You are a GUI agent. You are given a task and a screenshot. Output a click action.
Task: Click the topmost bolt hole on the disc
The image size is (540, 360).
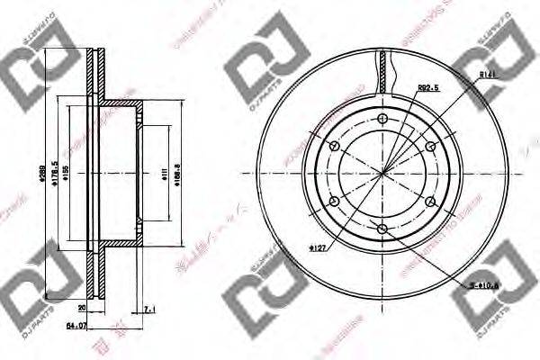pyautogui.click(x=383, y=118)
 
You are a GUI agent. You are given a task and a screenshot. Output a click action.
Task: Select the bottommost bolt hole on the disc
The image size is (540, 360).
pyautogui.click(x=383, y=229)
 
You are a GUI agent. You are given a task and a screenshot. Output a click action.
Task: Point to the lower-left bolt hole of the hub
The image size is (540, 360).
pyautogui.click(x=335, y=202)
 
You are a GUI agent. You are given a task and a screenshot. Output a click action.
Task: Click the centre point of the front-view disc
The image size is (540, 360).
pyautogui.click(x=383, y=174)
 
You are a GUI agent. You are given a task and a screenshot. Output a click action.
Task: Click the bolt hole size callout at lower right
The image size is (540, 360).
pyautogui.click(x=482, y=285)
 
